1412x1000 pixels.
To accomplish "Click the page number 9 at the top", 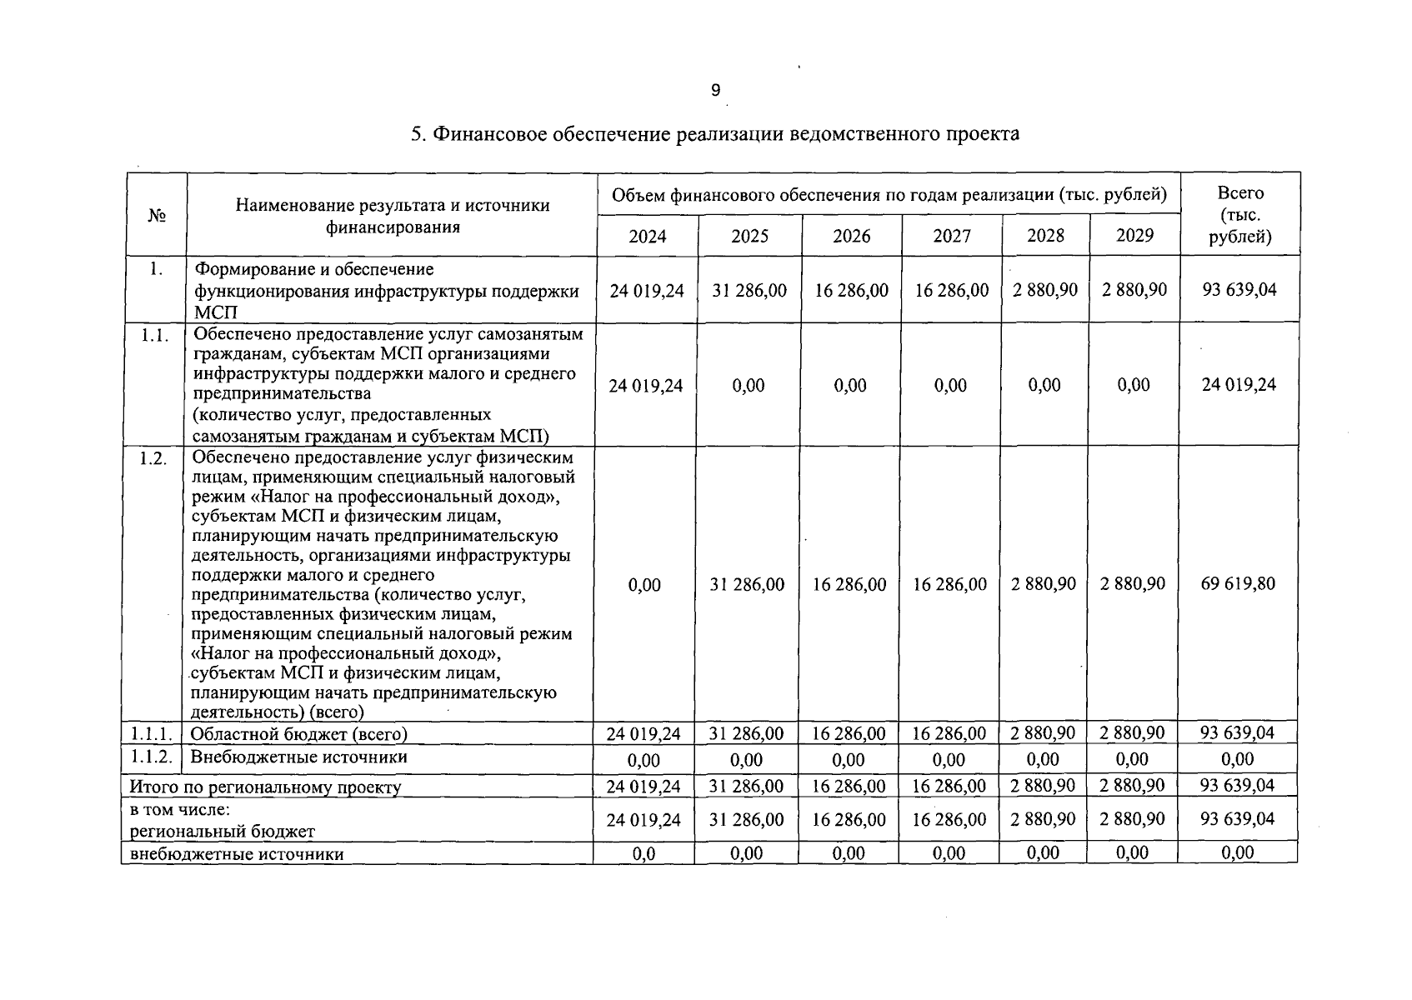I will pos(716,90).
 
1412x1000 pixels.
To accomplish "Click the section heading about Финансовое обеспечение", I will pos(715,134).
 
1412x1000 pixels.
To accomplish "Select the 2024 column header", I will pos(647,237).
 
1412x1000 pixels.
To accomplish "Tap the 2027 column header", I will pos(952,237).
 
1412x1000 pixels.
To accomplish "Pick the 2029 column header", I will pos(1134,236).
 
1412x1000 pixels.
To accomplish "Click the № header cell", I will pos(157,215).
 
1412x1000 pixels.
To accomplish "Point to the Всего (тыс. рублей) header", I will pos(1240,215).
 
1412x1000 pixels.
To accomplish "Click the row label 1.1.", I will pos(156,335).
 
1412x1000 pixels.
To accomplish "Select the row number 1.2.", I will pos(153,458).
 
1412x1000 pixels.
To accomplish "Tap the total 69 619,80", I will pos(1238,583).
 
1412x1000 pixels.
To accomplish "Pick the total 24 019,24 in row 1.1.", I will pos(1239,385).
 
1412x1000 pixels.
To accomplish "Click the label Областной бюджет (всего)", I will pos(299,734).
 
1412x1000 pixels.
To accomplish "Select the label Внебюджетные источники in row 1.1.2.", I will pos(299,757).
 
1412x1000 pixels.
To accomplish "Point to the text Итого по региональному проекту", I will pos(265,787).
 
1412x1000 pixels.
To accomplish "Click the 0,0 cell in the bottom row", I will pos(643,853).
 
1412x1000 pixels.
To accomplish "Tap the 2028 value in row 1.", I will pos(1045,290).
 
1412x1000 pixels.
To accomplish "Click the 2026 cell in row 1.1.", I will pos(850,386).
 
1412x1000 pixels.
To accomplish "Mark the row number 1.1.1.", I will pos(151,734).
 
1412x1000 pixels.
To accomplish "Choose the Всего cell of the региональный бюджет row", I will pos(1238,819).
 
